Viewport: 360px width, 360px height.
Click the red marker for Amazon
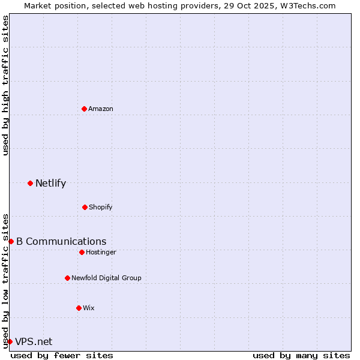[x=84, y=109]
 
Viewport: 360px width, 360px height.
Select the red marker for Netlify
[x=30, y=183]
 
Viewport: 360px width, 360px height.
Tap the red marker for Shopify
[x=85, y=207]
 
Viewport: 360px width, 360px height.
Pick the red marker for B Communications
[x=11, y=241]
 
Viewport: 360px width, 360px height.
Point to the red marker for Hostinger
[x=82, y=252]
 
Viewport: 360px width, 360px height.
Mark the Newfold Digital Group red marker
[x=67, y=278]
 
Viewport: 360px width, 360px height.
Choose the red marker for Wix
[x=79, y=308]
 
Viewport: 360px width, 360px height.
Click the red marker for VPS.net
[x=10, y=341]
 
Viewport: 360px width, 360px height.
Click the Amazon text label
[x=101, y=109]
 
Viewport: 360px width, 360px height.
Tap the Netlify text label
[x=50, y=183]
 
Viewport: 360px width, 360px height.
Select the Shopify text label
[x=101, y=207]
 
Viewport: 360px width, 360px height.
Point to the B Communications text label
[x=61, y=241]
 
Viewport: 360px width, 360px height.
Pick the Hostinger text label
[x=101, y=252]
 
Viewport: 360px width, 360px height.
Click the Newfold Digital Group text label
[x=106, y=278]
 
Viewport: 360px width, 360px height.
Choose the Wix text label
[x=89, y=308]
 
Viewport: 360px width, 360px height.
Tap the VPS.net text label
[x=34, y=341]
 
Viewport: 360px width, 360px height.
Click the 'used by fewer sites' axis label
[x=62, y=355]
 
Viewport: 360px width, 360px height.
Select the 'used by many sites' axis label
[x=301, y=355]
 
